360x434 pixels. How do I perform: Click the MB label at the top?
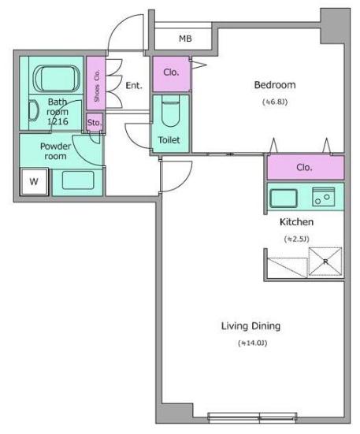[x=185, y=39]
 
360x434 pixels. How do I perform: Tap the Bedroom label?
[x=275, y=85]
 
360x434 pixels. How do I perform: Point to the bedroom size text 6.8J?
[x=275, y=102]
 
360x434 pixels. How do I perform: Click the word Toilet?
[x=169, y=140]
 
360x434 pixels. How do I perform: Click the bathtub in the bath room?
[x=57, y=78]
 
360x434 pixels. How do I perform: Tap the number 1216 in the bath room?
[x=58, y=121]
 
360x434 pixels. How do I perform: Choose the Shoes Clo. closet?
[x=96, y=83]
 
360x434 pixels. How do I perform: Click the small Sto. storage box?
[x=95, y=122]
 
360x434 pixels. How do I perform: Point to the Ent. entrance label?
[x=134, y=86]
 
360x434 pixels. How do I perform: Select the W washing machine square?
[x=34, y=182]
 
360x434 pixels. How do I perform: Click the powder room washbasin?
[x=78, y=180]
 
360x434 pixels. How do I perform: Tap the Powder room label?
[x=55, y=151]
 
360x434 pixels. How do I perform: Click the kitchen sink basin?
[x=284, y=198]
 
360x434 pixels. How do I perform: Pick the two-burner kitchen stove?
[x=324, y=197]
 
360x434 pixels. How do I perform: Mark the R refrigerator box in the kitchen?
[x=325, y=262]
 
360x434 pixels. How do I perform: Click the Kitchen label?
[x=296, y=222]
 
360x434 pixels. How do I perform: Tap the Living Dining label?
[x=251, y=326]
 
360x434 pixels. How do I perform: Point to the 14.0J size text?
[x=253, y=343]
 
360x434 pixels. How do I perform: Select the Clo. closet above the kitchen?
[x=306, y=168]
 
